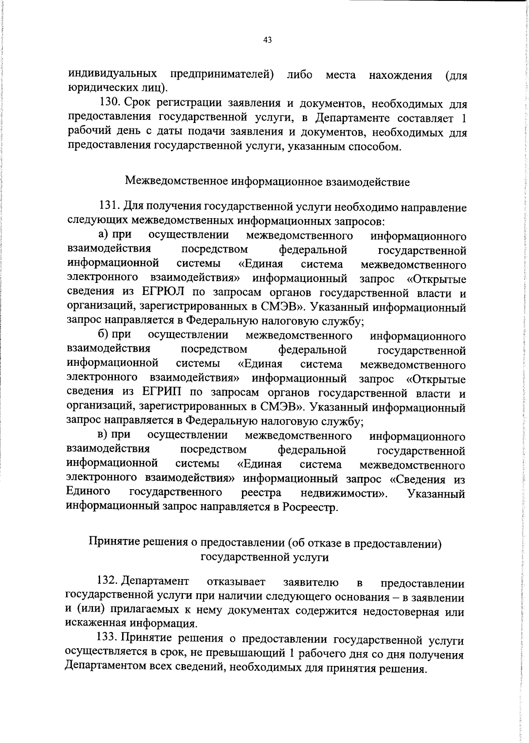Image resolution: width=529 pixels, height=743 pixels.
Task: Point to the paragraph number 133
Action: click(107, 639)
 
